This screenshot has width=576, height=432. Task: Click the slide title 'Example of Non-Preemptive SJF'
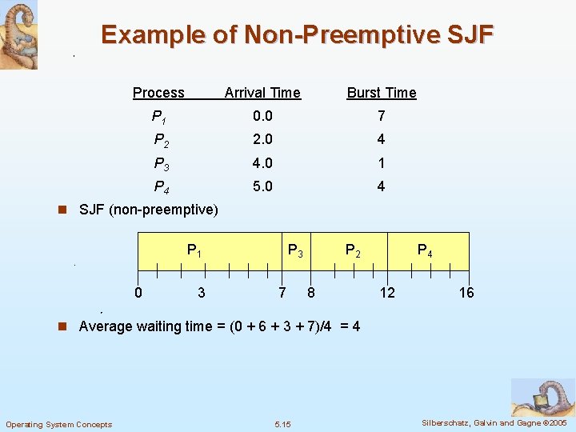coord(298,35)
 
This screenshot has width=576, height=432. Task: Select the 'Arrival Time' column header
coord(262,93)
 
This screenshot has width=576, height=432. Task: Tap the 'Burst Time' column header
coord(381,93)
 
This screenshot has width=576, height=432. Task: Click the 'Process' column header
coord(158,93)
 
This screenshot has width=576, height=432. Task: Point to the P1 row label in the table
coord(159,117)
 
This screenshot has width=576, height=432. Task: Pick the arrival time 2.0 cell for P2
coord(262,140)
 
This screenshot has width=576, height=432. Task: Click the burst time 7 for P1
coord(381,117)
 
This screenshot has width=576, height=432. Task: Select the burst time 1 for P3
coord(381,163)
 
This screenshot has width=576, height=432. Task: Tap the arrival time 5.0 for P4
coord(262,186)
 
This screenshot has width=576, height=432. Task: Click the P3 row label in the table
coord(161,163)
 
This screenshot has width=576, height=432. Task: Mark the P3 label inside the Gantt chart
coord(295,250)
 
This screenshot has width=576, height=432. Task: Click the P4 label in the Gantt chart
coord(426,251)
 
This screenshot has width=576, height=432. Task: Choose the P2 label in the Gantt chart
coord(353,250)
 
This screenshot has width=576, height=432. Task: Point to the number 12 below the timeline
coord(387,293)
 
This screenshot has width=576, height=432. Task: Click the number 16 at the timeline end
coord(466,293)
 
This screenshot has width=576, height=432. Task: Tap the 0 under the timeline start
coord(138,293)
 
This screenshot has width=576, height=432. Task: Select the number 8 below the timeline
coord(311,293)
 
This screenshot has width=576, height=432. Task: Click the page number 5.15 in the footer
coord(282,424)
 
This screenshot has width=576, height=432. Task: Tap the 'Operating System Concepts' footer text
coord(59,424)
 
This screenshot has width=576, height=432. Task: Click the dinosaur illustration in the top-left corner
coord(18,34)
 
